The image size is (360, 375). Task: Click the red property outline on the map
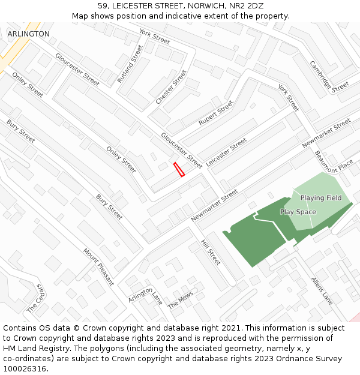tap(179, 169)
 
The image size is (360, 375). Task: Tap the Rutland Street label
tap(130, 64)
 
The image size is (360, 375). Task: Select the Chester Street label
tap(171, 87)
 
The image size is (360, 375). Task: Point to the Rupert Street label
tap(216, 112)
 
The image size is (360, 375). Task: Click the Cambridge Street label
tap(329, 76)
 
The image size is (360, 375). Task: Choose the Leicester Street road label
tap(226, 152)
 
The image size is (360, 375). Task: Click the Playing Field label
tap(321, 198)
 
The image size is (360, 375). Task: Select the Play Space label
tap(298, 212)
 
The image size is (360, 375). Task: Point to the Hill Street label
tap(211, 252)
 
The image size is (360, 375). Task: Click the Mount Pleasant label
tap(98, 266)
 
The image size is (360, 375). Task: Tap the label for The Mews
tap(181, 300)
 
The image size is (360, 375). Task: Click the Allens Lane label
tap(322, 290)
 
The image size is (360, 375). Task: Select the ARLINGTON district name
tap(29, 34)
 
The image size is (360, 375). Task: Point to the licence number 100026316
tap(25, 368)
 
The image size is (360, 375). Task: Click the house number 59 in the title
tap(103, 5)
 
